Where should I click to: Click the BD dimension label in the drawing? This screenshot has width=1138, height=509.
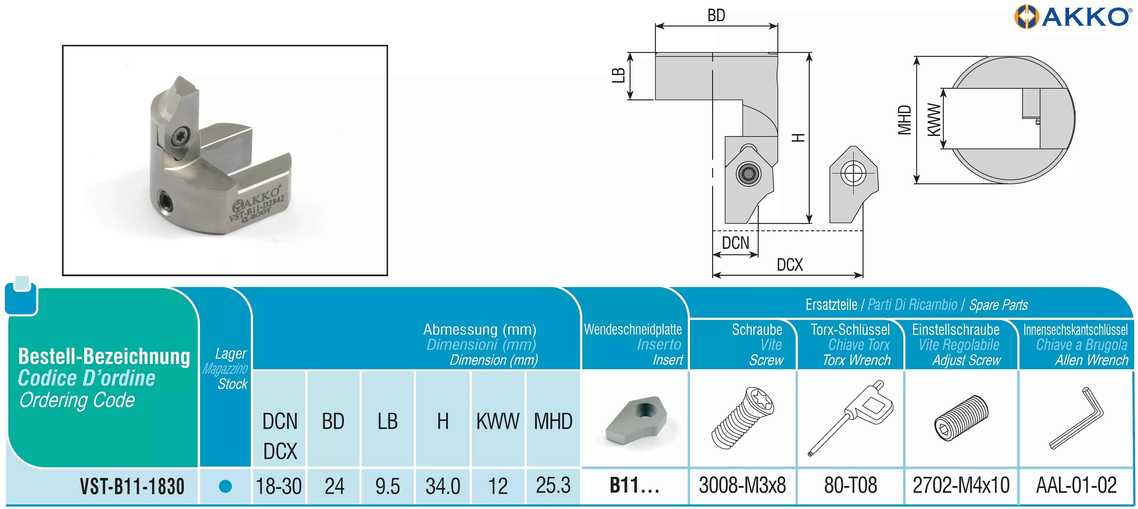tap(716, 16)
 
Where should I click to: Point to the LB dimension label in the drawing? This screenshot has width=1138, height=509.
tap(619, 75)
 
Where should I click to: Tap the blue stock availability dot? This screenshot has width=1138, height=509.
tap(225, 486)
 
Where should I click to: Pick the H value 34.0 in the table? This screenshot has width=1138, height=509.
tap(443, 486)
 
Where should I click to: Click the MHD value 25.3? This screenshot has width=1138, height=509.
tap(553, 485)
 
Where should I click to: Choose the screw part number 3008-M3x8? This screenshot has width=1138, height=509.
tap(742, 485)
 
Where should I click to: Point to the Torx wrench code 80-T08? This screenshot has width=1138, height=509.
tap(850, 485)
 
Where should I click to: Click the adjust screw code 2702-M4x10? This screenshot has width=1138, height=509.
tap(961, 485)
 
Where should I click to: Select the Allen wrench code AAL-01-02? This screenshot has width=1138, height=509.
tap(1076, 485)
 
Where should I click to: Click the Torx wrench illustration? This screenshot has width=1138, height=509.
tap(850, 417)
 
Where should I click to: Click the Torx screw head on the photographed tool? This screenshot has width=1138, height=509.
tap(182, 136)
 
